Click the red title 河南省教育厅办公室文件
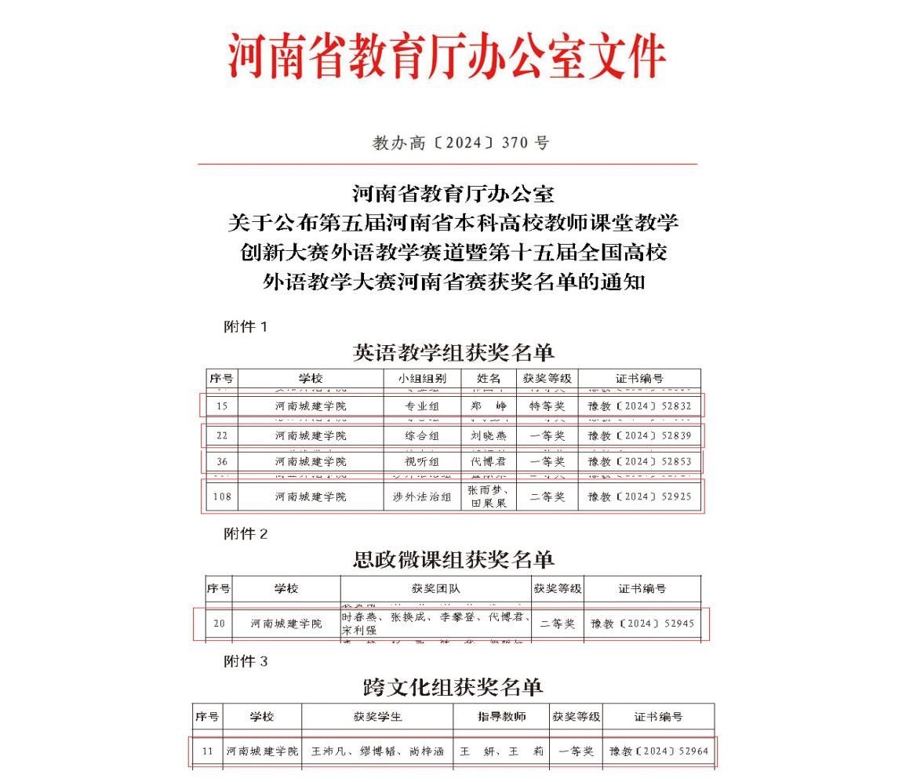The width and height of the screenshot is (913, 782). [447, 56]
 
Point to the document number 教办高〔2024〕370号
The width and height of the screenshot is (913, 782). [460, 143]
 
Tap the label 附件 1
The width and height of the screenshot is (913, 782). [246, 327]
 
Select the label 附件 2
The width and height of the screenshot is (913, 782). [246, 534]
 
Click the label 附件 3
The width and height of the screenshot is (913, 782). [246, 662]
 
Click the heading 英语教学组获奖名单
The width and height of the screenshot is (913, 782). [453, 352]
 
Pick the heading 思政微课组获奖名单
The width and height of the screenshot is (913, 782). [453, 559]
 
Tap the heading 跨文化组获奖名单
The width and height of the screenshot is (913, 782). [453, 688]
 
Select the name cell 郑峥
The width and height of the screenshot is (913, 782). [488, 406]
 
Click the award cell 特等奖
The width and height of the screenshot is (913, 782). [547, 406]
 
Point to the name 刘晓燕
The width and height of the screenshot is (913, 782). [488, 435]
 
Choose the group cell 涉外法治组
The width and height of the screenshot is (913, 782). [422, 496]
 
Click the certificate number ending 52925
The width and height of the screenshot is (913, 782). [639, 496]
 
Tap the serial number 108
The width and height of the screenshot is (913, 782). [222, 496]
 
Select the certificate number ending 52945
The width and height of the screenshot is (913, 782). [642, 624]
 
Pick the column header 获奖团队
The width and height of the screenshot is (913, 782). [436, 588]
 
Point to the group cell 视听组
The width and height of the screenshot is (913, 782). [422, 461]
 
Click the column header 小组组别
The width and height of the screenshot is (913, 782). [422, 379]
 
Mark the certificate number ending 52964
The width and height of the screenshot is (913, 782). [659, 751]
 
